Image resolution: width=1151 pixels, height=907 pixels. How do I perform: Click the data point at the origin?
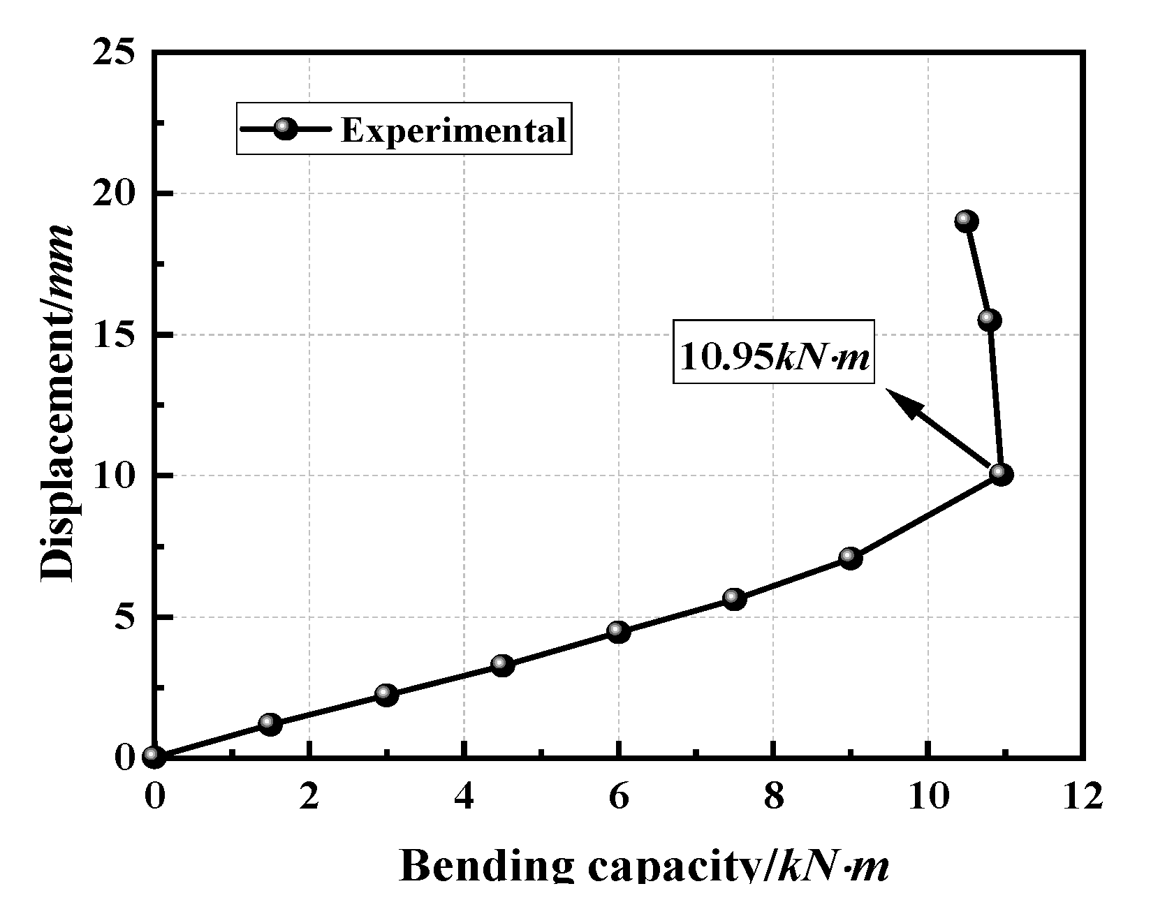tap(154, 756)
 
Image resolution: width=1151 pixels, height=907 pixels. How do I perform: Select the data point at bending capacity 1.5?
tap(270, 723)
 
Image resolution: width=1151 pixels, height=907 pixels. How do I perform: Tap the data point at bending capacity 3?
tap(386, 694)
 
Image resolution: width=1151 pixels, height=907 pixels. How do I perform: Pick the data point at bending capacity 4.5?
tap(502, 665)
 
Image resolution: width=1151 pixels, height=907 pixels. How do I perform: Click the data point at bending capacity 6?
tap(618, 632)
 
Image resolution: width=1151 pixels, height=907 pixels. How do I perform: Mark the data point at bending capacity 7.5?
tap(734, 598)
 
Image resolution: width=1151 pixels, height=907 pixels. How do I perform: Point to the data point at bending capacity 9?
tap(850, 558)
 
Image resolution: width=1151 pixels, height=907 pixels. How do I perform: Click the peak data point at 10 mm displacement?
tap(1001, 475)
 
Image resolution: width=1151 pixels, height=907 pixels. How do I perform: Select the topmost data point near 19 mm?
tap(967, 221)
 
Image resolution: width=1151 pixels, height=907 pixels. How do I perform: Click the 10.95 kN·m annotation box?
tap(774, 351)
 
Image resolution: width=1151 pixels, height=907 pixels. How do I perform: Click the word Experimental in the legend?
tap(453, 129)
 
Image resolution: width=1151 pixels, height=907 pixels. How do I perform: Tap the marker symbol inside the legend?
tap(285, 128)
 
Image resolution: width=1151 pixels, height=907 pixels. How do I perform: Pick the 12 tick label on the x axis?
tap(1083, 796)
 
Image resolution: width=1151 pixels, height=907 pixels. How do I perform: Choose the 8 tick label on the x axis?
tap(773, 796)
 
